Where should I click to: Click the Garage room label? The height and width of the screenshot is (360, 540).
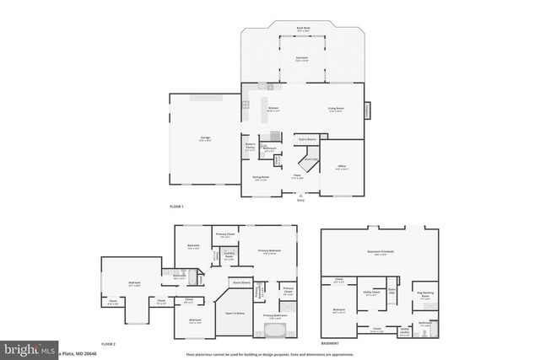point(205,139)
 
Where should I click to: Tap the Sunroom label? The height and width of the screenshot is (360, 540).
point(301,59)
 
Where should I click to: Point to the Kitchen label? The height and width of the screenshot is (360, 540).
point(273,109)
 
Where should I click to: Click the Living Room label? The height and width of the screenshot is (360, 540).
point(335,109)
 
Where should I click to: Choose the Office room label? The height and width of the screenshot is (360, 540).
point(341,168)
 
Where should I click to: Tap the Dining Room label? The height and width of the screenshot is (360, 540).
point(260,178)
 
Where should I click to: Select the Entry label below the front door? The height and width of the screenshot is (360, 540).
point(301,201)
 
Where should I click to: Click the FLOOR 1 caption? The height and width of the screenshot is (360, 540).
point(176,207)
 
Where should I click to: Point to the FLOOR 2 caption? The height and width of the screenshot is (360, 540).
point(107,344)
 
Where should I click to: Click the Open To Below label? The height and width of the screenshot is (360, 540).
point(235,312)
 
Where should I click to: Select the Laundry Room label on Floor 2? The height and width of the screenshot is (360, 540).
point(229,258)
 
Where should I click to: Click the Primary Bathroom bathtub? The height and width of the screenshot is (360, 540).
point(275,330)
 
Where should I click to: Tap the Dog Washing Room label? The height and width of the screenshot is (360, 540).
point(425,295)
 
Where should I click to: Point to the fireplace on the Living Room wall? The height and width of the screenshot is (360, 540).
point(367,110)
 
